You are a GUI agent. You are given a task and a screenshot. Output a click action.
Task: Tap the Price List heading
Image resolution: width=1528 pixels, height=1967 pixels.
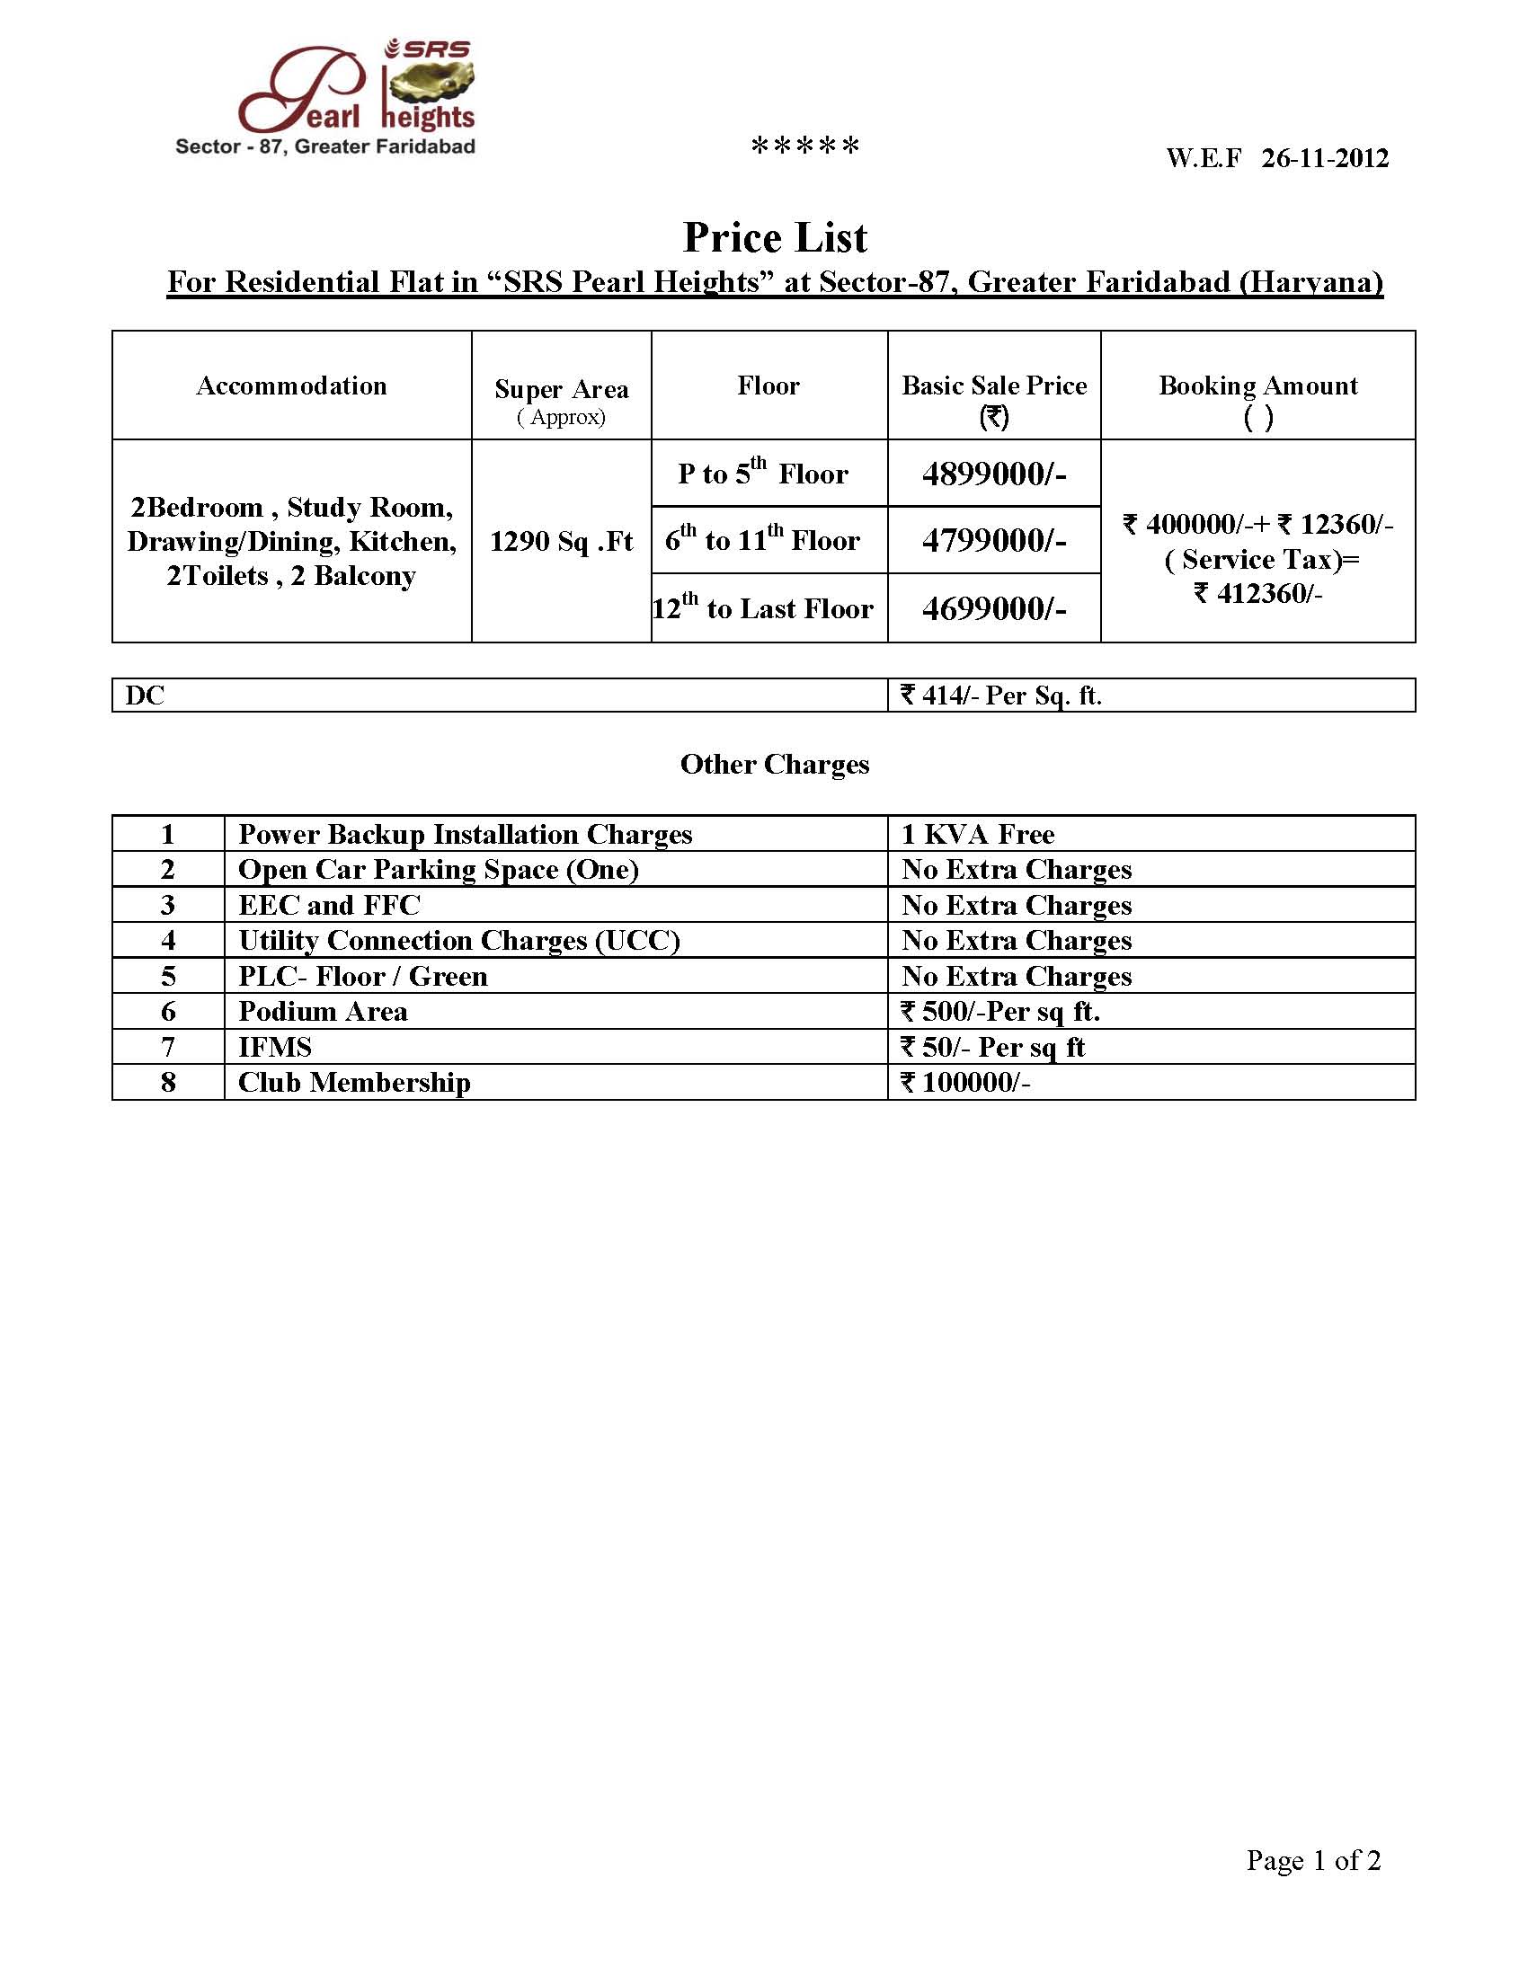(x=775, y=238)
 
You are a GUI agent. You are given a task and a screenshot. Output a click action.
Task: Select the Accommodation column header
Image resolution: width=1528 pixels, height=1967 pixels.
(x=291, y=386)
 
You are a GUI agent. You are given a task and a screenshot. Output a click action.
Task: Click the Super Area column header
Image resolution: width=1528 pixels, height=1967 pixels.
(x=561, y=390)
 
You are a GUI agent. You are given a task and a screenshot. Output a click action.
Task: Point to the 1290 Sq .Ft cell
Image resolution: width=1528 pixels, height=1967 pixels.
(x=561, y=541)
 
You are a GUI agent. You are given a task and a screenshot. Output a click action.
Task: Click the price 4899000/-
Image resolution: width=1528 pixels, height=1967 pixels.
(x=994, y=474)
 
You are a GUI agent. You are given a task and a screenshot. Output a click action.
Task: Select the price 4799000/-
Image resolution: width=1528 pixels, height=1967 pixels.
(x=994, y=540)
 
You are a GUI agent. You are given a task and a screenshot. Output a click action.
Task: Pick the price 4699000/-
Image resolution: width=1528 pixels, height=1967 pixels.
(x=994, y=609)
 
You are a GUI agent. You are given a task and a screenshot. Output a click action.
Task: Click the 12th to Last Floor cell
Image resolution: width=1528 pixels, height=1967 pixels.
(x=763, y=609)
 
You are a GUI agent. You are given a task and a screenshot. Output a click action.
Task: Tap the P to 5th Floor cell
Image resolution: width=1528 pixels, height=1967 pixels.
(x=763, y=474)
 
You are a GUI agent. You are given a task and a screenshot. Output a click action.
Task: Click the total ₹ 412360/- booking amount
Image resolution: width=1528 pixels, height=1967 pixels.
(x=1257, y=594)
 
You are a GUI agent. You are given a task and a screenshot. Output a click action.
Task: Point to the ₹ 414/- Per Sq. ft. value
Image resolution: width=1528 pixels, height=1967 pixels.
(x=1001, y=696)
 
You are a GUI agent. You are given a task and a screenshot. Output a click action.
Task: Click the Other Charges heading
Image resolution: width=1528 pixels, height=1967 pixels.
(x=775, y=765)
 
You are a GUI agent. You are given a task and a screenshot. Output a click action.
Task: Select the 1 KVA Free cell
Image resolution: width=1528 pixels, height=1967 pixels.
(x=978, y=835)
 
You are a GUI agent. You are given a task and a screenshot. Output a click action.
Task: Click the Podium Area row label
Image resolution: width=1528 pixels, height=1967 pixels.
(x=323, y=1013)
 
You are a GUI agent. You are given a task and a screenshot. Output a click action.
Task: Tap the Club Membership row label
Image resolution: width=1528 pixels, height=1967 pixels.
(x=354, y=1083)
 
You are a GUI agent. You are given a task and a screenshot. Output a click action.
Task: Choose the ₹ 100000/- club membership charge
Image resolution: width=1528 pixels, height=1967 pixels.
(x=965, y=1083)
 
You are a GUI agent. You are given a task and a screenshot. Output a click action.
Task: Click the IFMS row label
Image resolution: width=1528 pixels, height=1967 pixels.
(x=275, y=1048)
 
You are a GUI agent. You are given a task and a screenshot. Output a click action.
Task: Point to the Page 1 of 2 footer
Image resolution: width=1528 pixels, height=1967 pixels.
(x=1312, y=1860)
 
